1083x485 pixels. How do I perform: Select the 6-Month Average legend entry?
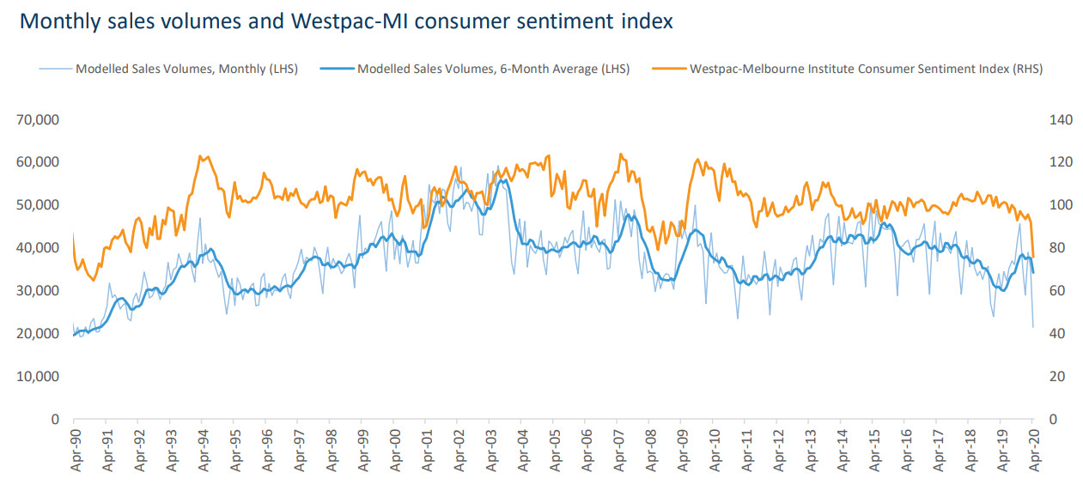493,69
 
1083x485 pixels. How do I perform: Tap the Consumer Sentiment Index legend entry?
866,69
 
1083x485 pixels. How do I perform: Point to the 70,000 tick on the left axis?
37,119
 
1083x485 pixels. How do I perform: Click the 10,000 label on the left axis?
37,377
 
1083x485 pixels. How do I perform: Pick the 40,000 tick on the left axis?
37,248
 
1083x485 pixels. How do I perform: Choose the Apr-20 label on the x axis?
1032,452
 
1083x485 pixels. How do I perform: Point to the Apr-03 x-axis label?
490,452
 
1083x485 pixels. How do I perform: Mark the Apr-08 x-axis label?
649,452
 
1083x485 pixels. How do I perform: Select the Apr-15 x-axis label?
873,452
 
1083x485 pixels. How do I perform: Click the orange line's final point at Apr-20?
1033,257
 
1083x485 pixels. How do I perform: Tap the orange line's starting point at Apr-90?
73,233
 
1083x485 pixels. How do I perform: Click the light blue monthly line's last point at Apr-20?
1033,327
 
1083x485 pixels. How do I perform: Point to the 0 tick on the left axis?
53,420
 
